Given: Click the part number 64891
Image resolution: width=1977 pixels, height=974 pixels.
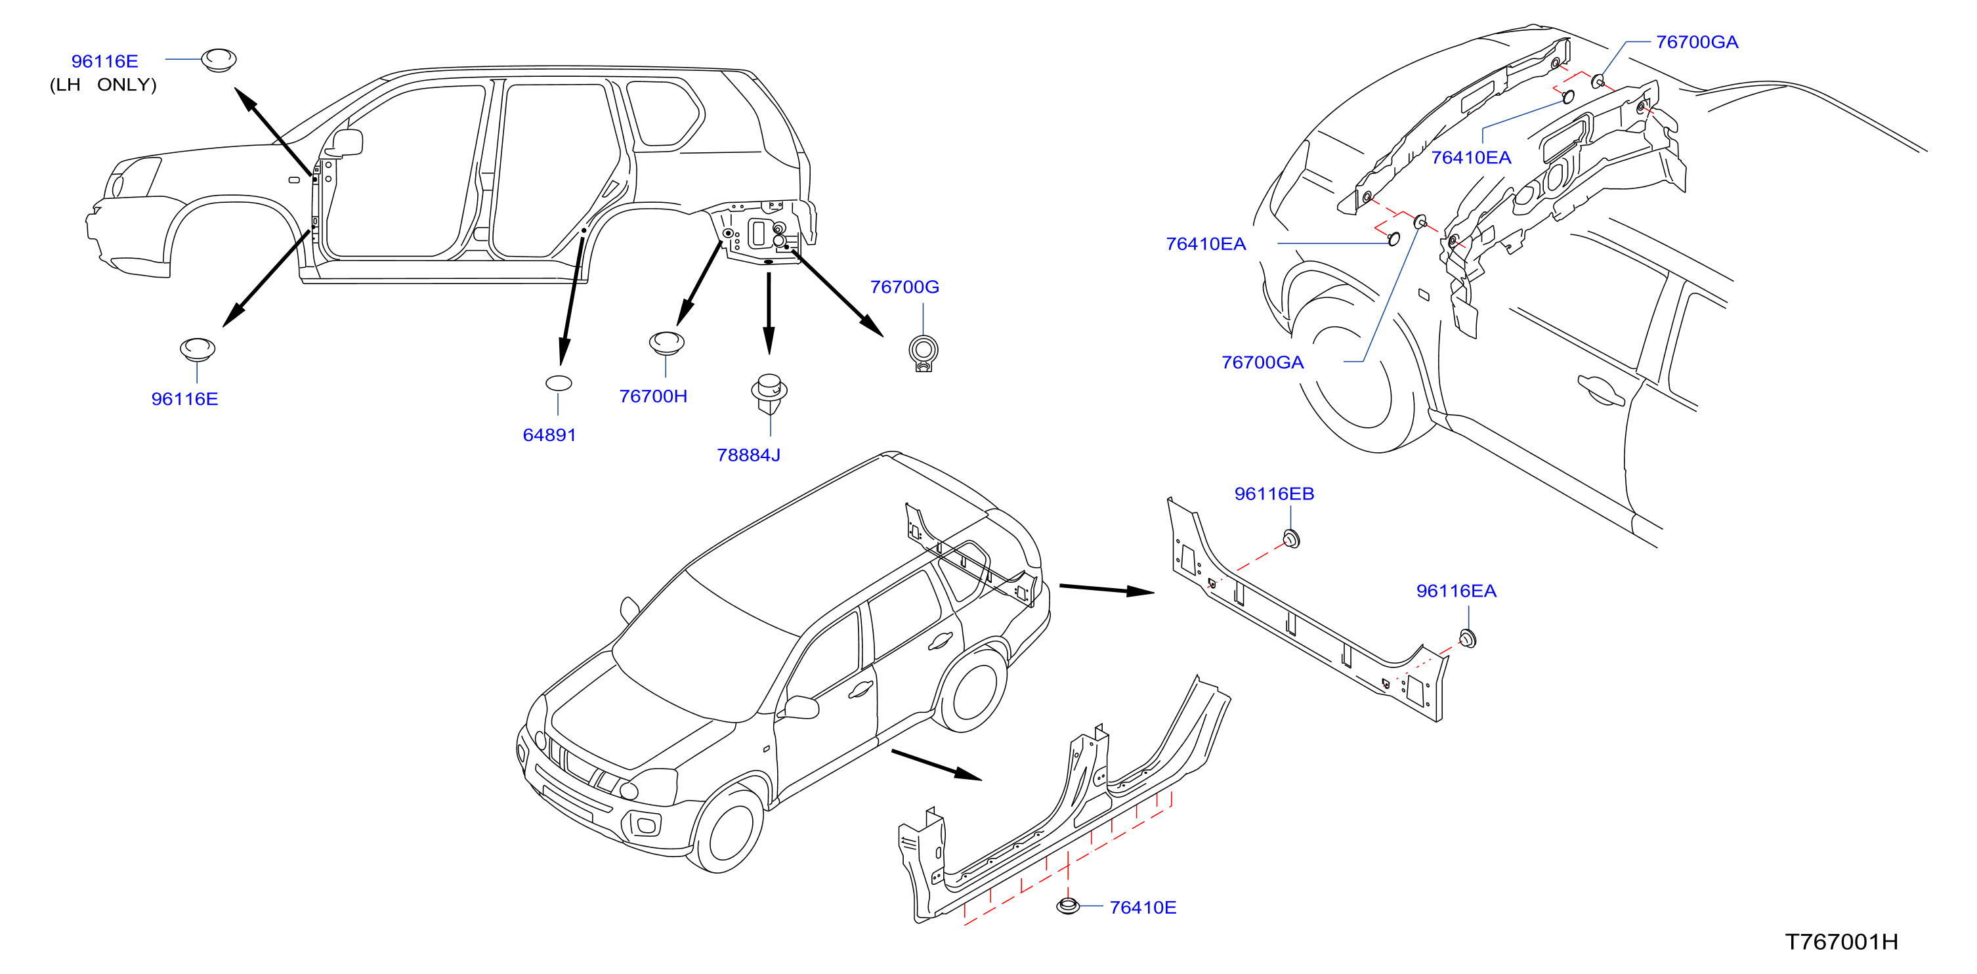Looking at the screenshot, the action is point(549,435).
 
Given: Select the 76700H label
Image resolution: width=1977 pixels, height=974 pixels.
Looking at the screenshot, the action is point(653,396).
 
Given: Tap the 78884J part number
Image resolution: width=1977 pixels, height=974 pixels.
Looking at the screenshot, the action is point(748,455).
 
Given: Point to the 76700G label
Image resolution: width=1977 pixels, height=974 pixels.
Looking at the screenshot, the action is point(904,287).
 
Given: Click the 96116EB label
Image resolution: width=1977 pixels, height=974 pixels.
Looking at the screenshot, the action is point(1274,494).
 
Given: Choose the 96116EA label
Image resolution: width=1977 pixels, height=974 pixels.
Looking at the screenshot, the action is point(1456,591).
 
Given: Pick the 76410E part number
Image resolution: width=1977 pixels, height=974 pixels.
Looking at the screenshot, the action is point(1143,907).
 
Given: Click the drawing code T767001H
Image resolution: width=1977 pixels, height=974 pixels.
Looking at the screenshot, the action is point(1841,942).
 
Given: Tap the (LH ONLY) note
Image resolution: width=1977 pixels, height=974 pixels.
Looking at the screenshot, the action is point(103,85).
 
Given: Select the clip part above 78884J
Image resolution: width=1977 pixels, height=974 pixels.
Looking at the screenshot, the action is point(769,394).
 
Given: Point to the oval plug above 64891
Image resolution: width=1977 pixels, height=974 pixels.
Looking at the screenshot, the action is point(558,383).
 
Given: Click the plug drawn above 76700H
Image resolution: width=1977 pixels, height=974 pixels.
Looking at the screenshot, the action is point(666,343).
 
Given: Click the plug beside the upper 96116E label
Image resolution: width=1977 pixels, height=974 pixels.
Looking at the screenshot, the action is point(219,60).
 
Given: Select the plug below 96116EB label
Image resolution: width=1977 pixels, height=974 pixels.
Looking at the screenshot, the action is point(1292,539).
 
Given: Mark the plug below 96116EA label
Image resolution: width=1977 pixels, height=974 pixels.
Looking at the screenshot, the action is point(1468,638).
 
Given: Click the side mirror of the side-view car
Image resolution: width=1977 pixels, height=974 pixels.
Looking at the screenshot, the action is point(347,143).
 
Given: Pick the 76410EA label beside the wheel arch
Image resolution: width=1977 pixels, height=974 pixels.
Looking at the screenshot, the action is point(1206,244).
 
